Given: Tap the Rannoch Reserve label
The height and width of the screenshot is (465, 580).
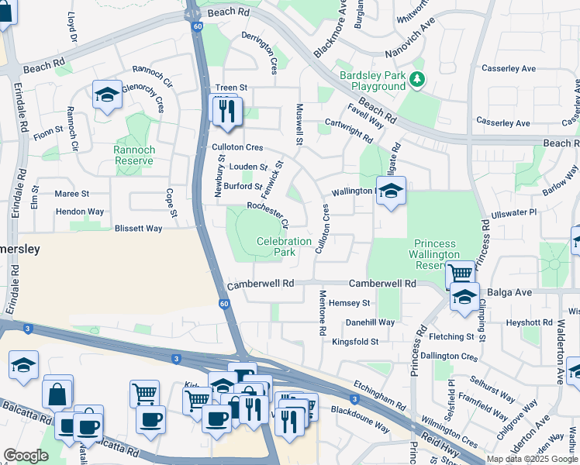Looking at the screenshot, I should [x=134, y=155].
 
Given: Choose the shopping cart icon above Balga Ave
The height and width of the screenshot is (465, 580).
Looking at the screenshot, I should [x=460, y=274].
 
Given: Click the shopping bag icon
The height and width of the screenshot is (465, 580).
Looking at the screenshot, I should [x=58, y=393].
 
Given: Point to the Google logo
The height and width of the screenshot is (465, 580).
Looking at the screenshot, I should [x=26, y=456].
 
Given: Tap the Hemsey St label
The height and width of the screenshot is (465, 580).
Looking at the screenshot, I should [x=350, y=303].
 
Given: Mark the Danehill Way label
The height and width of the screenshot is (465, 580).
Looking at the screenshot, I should [x=370, y=322].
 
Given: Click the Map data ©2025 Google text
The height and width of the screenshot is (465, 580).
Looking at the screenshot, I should [x=531, y=459].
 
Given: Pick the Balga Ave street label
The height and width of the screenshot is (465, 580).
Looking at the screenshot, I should [x=509, y=292].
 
